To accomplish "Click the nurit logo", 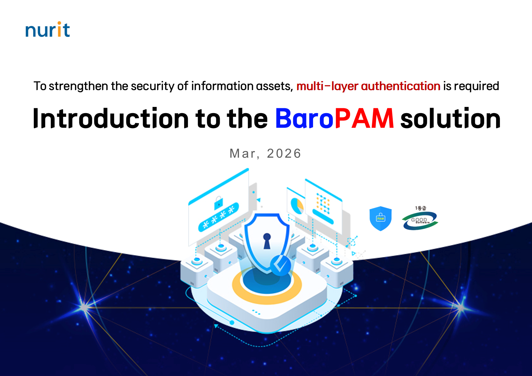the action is click(48, 30).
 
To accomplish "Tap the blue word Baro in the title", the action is click(304, 119).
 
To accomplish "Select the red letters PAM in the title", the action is click(364, 119).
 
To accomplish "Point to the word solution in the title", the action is click(451, 119).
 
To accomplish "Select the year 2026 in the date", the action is click(284, 154).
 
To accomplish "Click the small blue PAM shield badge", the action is click(381, 219).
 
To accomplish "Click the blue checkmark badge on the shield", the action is click(281, 265).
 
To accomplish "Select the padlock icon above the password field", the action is click(218, 202).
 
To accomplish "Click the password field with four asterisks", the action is click(218, 218).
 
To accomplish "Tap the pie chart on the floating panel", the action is click(297, 205).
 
